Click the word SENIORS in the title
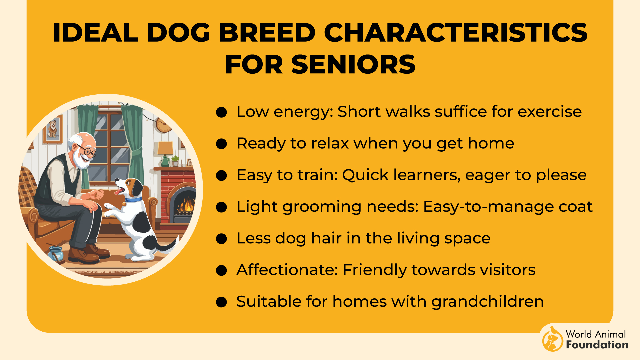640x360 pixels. (353, 64)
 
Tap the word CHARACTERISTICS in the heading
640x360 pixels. (455, 33)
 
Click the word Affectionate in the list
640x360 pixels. (287, 270)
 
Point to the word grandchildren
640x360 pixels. (487, 302)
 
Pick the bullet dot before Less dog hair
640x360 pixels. (221, 239)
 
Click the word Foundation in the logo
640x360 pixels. (597, 345)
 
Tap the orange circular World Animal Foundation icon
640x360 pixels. (552, 339)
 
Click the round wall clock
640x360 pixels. (163, 125)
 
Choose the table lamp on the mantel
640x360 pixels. (165, 153)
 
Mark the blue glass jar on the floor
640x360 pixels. (56, 253)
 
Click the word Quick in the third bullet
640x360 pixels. (365, 175)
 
